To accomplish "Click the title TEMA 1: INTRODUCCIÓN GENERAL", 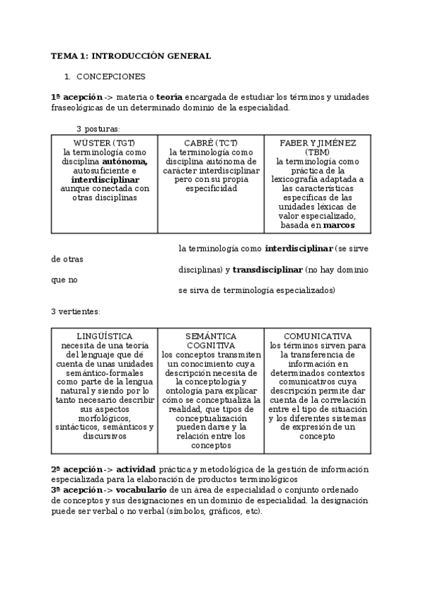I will (131, 56).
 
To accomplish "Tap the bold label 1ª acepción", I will (72, 96).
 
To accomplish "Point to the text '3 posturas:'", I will (98, 129).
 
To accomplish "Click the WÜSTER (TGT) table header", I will (105, 143).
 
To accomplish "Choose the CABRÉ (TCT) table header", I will (211, 143).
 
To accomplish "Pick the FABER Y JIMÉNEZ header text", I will (318, 143).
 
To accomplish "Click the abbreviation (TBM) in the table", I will (318, 152).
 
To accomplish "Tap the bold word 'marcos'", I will (339, 226).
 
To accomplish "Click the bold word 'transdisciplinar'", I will (268, 270).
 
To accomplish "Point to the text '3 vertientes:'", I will (75, 311).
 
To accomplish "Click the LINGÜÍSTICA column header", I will (105, 336).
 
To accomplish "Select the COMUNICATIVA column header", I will (318, 336).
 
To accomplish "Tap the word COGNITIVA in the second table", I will (211, 345).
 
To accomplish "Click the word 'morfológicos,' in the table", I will (105, 418).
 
